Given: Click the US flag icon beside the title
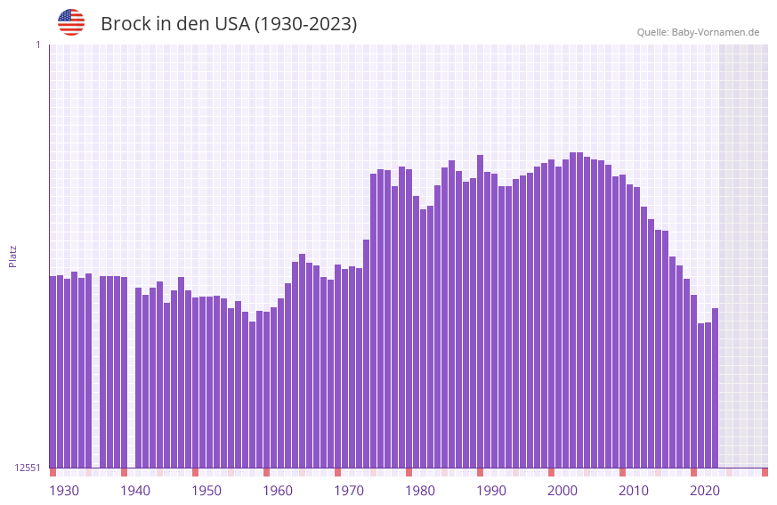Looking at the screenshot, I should coord(71,22).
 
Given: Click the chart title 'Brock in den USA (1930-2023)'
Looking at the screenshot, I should coord(229,24).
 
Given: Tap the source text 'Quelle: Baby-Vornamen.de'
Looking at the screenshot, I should coord(698,32).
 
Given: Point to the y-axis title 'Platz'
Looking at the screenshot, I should coord(12,256).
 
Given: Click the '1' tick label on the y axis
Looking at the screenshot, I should coord(37,45).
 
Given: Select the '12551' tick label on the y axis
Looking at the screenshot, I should coord(28,468).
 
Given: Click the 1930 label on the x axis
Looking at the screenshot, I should coord(64,491).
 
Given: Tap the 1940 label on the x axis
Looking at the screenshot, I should coord(135,491).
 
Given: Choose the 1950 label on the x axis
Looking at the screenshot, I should coord(206,491).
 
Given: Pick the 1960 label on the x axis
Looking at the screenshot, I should coord(278,491).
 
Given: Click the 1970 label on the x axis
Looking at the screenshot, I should coord(349,491).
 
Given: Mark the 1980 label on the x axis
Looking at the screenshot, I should coord(420,491).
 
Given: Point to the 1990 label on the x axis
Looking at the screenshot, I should coord(491,491).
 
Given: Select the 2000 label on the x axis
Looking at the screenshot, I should coord(563,491).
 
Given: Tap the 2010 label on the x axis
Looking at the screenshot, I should coord(634,491).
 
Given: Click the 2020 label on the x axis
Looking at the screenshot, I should coord(705,491).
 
